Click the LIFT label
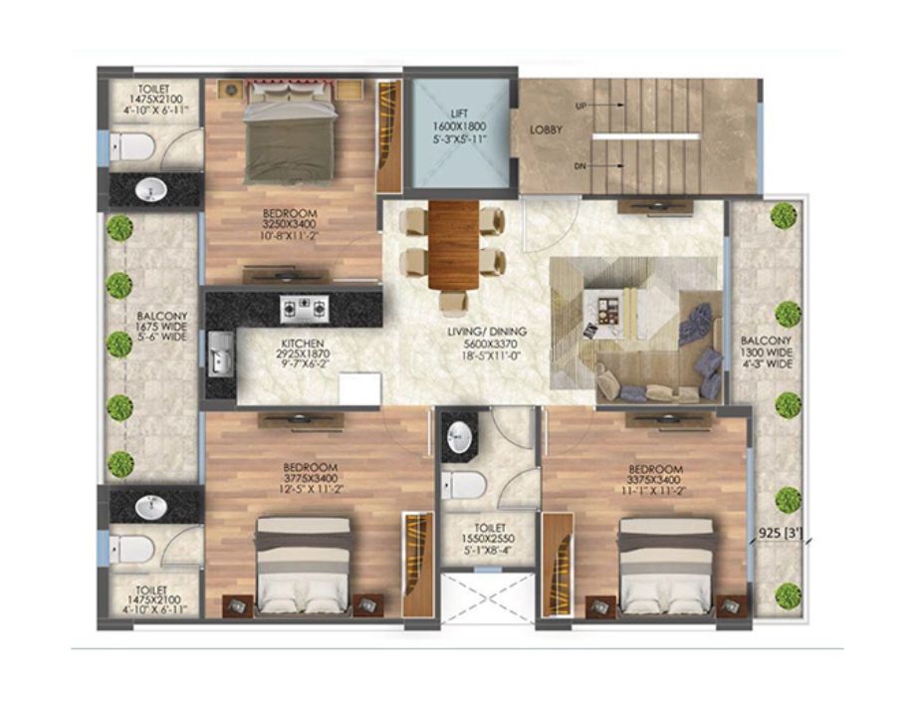coord(459,114)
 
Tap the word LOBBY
coord(546,129)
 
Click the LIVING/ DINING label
coord(487,332)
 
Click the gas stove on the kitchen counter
coord(304,309)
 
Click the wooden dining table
coord(453,245)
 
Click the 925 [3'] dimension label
coord(781,533)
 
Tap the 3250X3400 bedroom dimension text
coord(289,224)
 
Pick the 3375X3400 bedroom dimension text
coord(655,480)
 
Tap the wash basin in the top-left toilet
coord(151,189)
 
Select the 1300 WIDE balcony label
coord(767,353)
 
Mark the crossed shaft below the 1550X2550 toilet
coord(488,598)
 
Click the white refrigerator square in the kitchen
coord(359,388)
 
